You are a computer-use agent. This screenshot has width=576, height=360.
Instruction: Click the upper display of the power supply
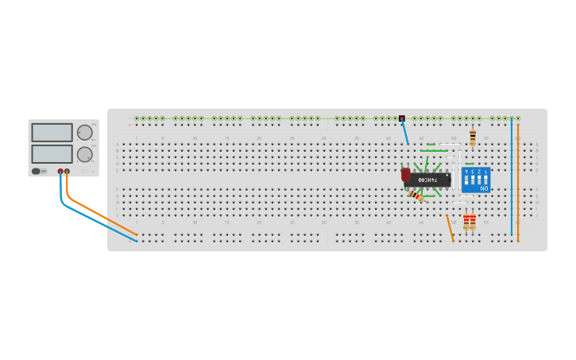52,133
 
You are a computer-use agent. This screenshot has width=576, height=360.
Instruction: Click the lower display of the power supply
52,153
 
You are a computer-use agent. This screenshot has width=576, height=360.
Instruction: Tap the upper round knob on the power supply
83,133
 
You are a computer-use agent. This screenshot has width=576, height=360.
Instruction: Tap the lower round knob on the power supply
83,154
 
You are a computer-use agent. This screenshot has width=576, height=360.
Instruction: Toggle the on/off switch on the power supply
37,171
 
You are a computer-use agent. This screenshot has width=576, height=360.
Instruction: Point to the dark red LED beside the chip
406,175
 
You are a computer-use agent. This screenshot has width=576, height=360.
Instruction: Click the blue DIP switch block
476,180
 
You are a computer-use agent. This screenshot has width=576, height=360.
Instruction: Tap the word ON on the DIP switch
484,188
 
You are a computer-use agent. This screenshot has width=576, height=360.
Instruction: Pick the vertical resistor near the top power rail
473,137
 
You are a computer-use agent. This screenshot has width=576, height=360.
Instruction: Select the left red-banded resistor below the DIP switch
466,222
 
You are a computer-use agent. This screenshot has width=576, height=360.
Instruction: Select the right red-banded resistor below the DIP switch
473,222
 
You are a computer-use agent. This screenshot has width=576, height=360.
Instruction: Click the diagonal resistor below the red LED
416,195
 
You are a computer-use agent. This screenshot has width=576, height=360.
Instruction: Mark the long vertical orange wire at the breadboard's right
518,179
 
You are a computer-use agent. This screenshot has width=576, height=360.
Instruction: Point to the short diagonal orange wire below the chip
450,227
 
